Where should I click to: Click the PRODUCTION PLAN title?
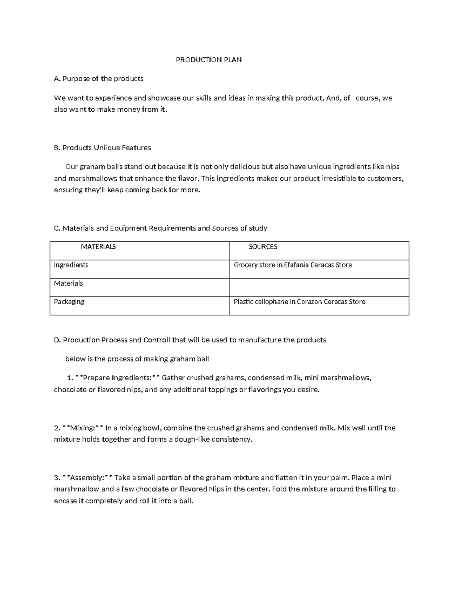pos(208,60)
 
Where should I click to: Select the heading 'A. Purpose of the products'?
pos(99,79)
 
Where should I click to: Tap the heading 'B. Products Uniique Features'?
pos(103,148)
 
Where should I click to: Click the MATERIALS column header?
pos(98,247)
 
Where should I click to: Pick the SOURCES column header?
pos(263,247)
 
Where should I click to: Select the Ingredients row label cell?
pos(71,265)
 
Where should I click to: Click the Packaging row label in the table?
pos(69,302)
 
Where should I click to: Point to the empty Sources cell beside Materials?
pos(319,287)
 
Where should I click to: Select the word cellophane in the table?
pos(272,302)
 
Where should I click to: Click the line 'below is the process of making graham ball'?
pos(137,359)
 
